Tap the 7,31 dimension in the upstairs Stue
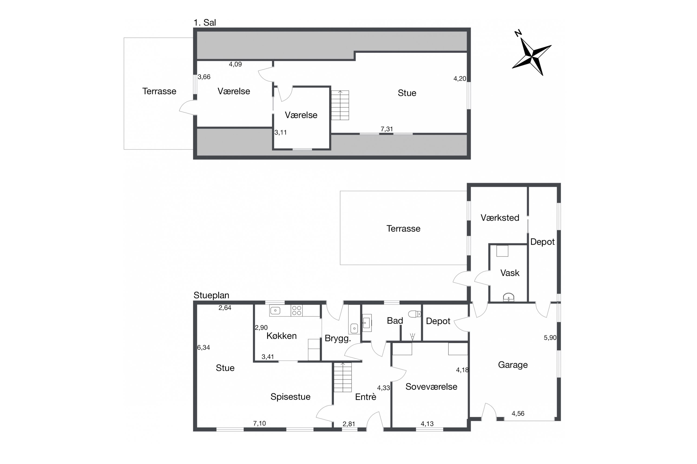(x=387, y=129)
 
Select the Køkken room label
(x=282, y=336)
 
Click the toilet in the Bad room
(x=414, y=314)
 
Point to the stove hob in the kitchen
(x=297, y=311)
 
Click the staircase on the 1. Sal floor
(x=340, y=105)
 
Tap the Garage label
(x=513, y=365)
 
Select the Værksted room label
(x=500, y=218)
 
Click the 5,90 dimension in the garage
(x=550, y=338)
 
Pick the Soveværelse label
(x=431, y=387)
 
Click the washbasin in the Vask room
(x=509, y=297)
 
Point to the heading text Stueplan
(x=211, y=295)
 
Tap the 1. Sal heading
(x=205, y=23)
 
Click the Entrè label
(x=366, y=396)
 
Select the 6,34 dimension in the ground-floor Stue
(x=204, y=347)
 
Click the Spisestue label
(x=290, y=396)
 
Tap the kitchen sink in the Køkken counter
(x=275, y=311)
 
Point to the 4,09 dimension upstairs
(x=235, y=64)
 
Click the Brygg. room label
(x=338, y=338)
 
